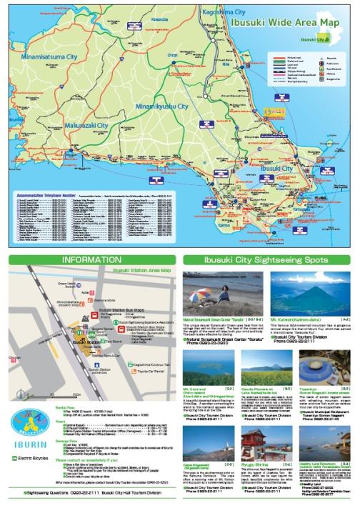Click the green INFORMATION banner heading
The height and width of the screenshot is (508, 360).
[x=90, y=260]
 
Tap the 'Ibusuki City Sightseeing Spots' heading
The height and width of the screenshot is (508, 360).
[x=268, y=260]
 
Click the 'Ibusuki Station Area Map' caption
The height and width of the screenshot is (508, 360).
[x=136, y=270]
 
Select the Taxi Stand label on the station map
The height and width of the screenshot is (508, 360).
[x=113, y=342]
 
